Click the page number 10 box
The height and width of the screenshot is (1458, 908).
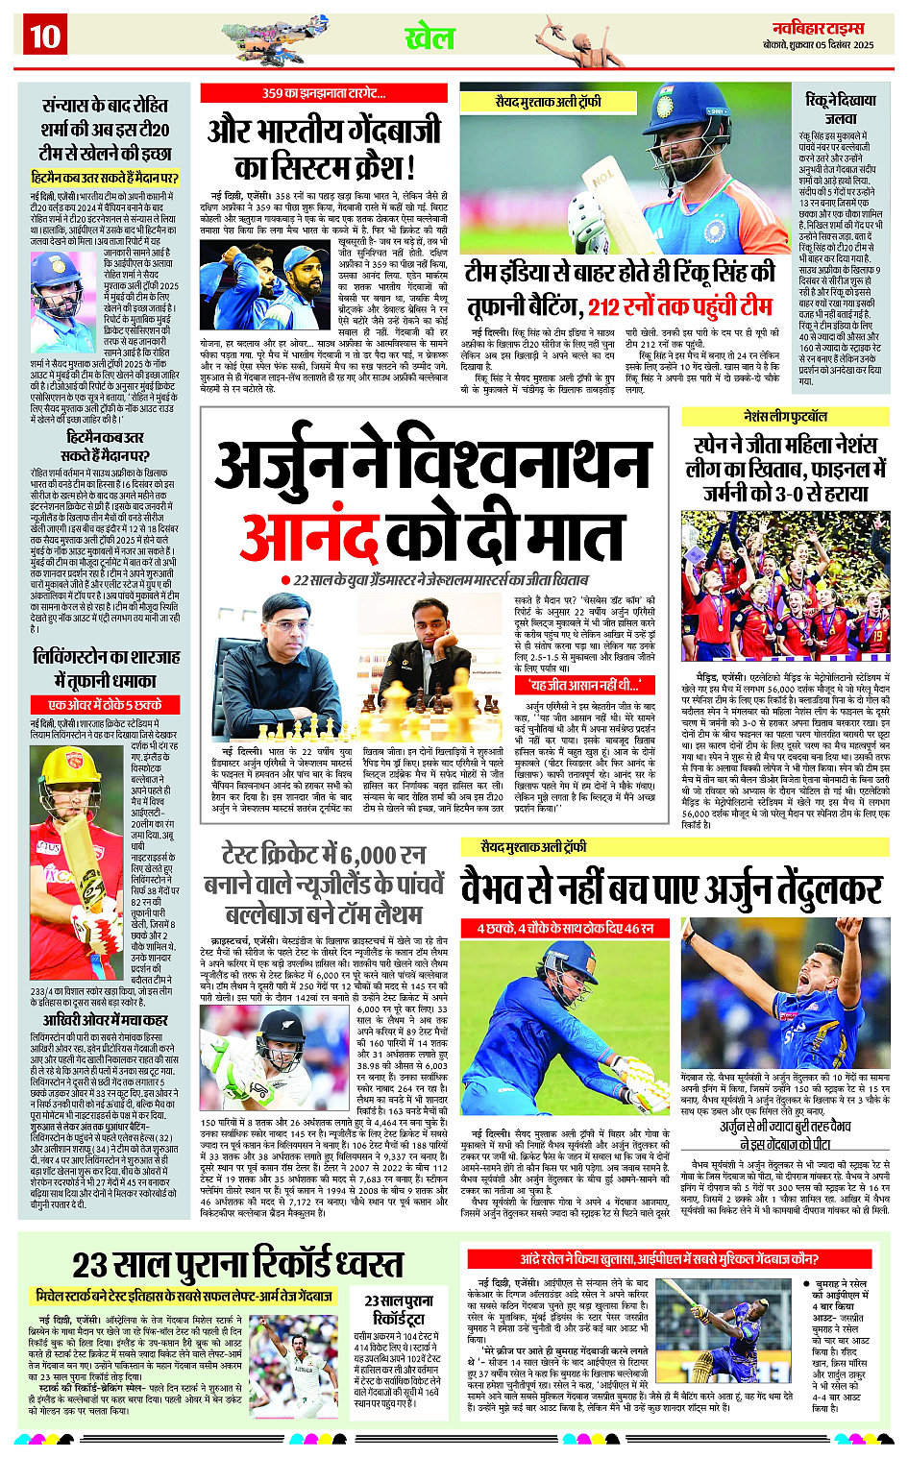pos(45,36)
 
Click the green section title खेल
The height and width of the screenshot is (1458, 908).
pos(429,38)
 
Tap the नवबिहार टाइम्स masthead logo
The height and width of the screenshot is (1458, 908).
pos(818,29)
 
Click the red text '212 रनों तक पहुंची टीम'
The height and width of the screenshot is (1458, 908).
pos(679,306)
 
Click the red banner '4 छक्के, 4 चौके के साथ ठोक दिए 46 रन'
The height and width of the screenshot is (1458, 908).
pos(565,928)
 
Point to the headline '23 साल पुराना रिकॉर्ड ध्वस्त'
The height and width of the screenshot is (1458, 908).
pos(224,1263)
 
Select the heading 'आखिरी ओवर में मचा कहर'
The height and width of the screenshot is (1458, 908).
pos(106,1019)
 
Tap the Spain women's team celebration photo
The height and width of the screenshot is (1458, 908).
pos(785,584)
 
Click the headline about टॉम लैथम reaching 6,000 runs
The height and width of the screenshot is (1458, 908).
pos(324,883)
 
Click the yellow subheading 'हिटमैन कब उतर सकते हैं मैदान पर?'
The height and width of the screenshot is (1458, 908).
pos(105,178)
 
